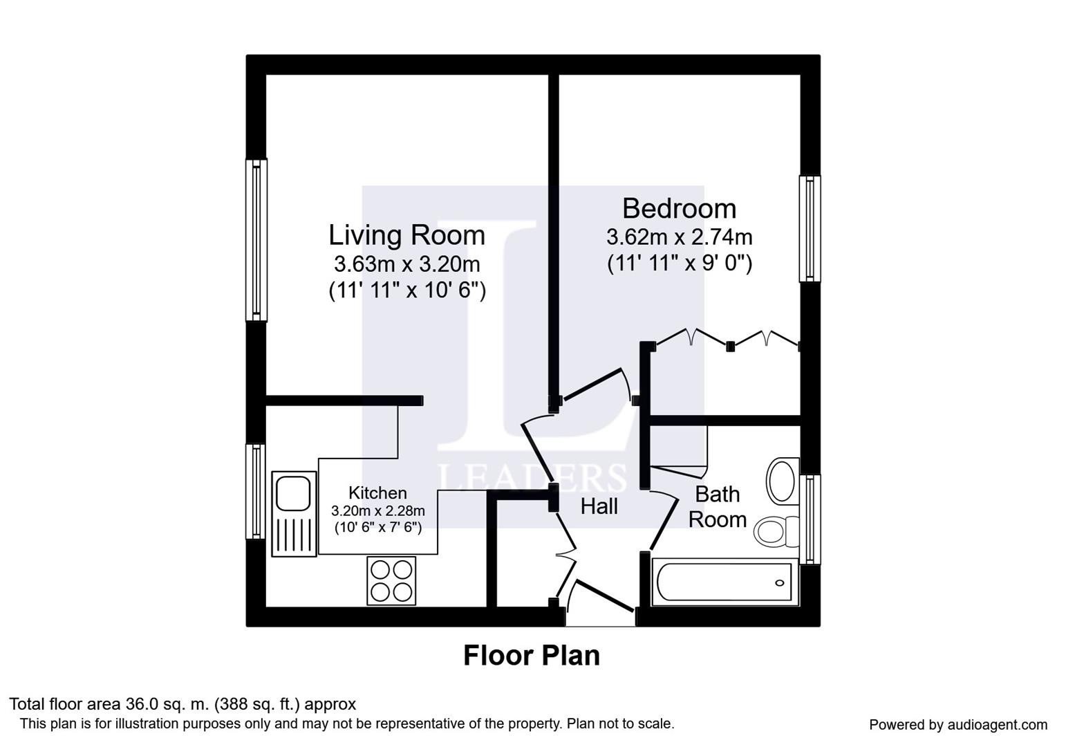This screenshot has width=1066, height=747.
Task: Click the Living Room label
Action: pyautogui.click(x=407, y=235)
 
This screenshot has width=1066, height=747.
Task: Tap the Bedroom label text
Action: pyautogui.click(x=679, y=208)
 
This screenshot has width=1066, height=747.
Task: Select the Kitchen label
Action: pyautogui.click(x=377, y=492)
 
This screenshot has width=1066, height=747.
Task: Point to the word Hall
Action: pyautogui.click(x=599, y=506)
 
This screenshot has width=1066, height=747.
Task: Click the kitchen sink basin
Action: pyautogui.click(x=293, y=493)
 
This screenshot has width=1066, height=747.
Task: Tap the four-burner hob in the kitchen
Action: pyautogui.click(x=391, y=581)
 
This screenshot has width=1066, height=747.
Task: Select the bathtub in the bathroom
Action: pyautogui.click(x=724, y=582)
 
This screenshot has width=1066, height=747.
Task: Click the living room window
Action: pyautogui.click(x=256, y=240)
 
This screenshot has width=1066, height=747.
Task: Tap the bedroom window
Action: pyautogui.click(x=810, y=228)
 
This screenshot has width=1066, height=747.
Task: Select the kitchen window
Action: pyautogui.click(x=256, y=492)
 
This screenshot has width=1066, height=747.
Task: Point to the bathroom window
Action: pyautogui.click(x=810, y=519)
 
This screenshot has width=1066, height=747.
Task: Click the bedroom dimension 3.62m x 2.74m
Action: pyautogui.click(x=679, y=237)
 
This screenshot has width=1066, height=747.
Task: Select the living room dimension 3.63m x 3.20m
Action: pyautogui.click(x=407, y=264)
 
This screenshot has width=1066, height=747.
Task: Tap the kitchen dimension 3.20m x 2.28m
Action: pyautogui.click(x=378, y=511)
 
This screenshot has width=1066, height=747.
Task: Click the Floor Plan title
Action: pyautogui.click(x=532, y=656)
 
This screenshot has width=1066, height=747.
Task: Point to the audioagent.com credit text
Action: pyautogui.click(x=958, y=725)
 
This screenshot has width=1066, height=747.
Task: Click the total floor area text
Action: pyautogui.click(x=183, y=703)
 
